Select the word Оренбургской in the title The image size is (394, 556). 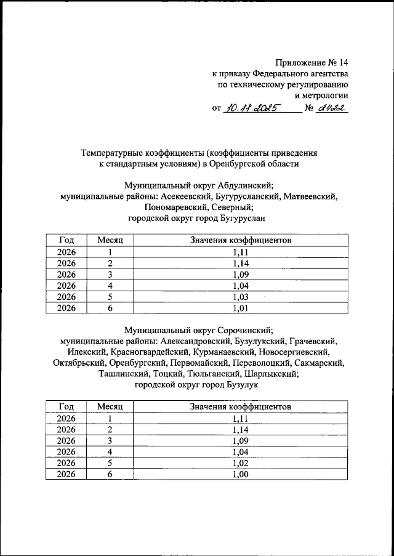click(x=237, y=164)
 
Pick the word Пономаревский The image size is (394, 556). click(x=156, y=207)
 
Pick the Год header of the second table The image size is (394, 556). click(x=66, y=406)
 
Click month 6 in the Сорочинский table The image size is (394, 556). click(x=110, y=474)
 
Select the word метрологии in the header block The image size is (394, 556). click(x=326, y=95)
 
